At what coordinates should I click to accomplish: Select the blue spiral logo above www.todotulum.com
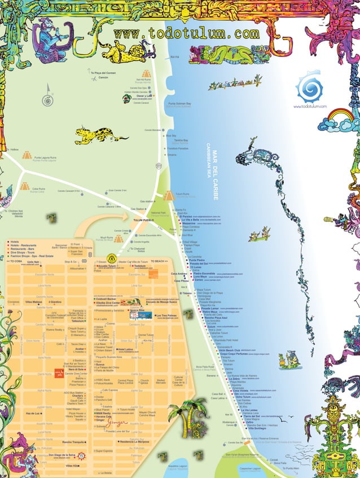coord(310,87)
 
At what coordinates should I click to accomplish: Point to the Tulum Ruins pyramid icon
coord(169,196)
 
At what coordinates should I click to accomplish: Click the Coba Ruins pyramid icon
coord(24,186)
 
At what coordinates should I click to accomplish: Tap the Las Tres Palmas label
coord(166,315)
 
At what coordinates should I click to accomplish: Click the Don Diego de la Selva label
coord(62,454)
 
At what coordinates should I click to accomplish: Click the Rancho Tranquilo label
coord(73,442)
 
